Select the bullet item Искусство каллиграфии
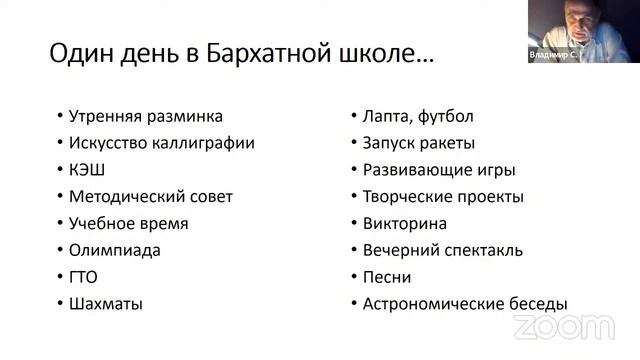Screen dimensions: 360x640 point(162,143)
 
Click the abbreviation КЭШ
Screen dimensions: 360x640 point(88,170)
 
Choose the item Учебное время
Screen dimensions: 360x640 point(129,224)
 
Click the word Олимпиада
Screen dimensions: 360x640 point(115,250)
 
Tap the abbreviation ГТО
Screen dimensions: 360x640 point(84,277)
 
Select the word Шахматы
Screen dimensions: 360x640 point(106,304)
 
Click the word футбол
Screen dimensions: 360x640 point(446,116)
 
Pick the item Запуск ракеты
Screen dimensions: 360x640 point(419,143)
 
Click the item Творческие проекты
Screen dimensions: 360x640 point(443,197)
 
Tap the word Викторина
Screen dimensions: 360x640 point(405,224)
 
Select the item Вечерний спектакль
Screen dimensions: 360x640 point(443,250)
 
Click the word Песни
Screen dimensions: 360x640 point(387,277)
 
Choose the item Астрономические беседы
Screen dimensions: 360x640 point(465,304)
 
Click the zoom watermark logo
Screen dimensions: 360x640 point(564,327)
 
